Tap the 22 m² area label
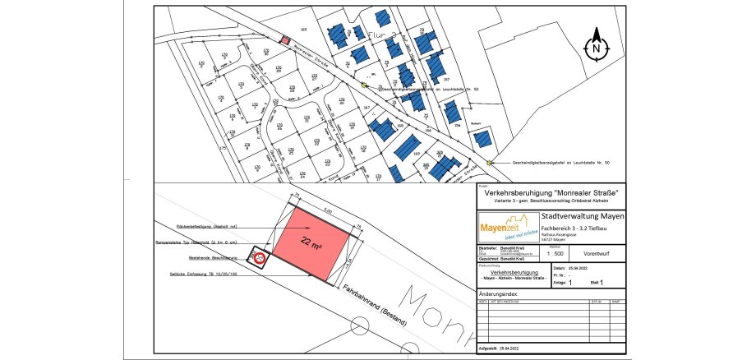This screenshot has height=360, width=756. point(311,243)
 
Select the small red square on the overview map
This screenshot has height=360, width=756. point(285,39)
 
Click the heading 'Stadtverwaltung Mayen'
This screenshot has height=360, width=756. point(583,215)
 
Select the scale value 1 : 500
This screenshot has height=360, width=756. point(555,255)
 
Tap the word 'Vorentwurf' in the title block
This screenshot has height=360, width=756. point(594,254)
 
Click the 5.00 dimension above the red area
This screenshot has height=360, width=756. point(326,211)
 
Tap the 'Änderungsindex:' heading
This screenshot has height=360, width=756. point(500,293)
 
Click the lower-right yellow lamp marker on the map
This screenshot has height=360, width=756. point(490,163)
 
